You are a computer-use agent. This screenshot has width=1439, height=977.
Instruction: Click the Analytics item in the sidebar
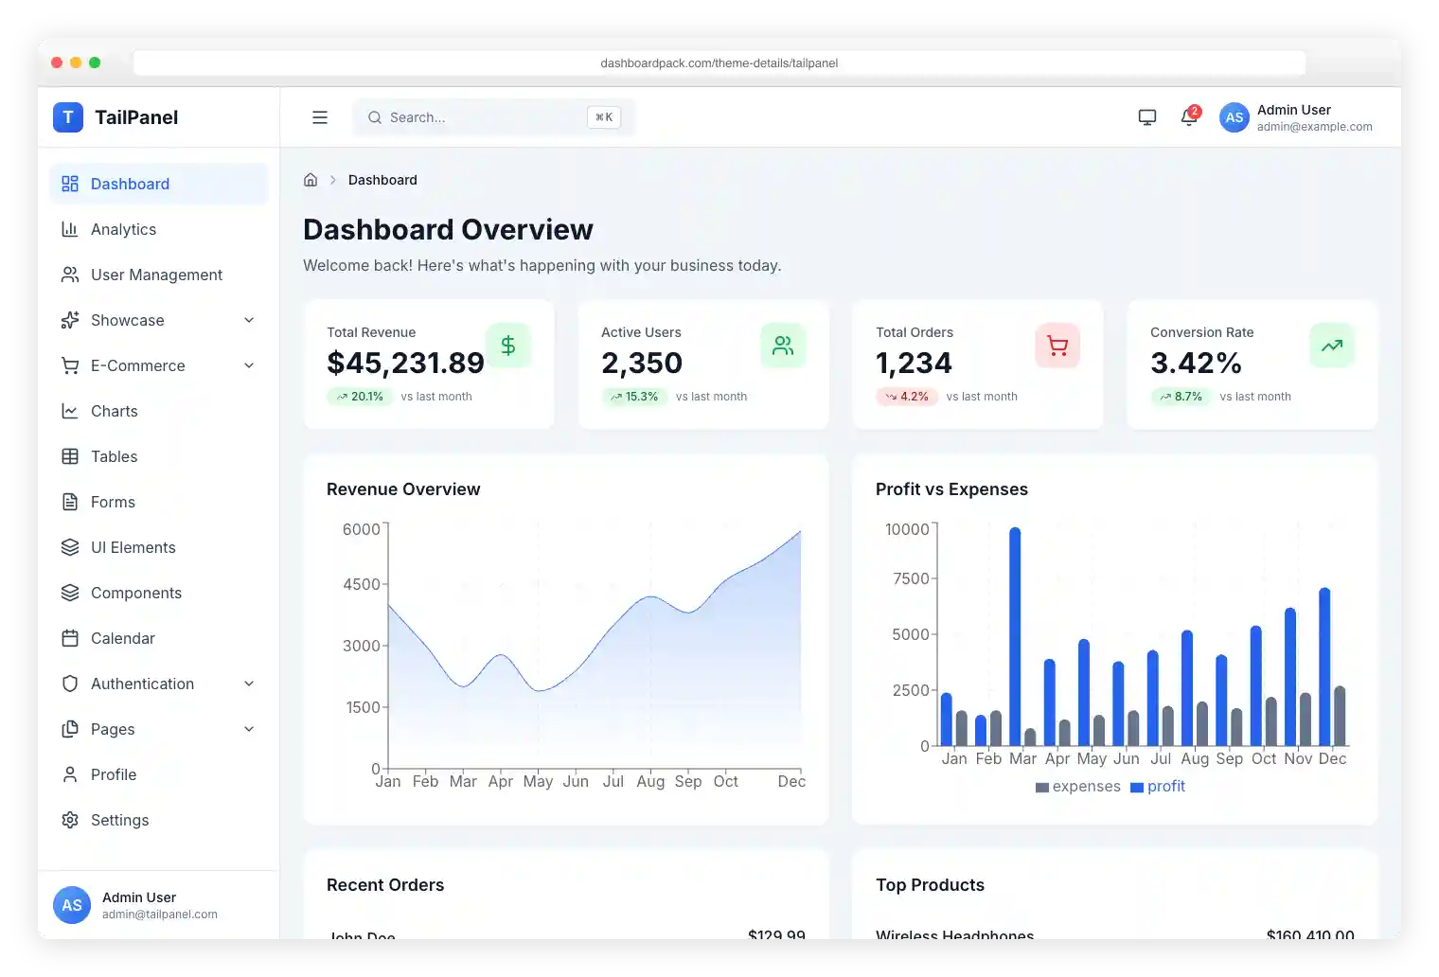123,229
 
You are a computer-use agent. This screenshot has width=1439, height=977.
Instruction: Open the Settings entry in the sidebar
119,820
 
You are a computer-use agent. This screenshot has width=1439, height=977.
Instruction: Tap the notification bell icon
1189,117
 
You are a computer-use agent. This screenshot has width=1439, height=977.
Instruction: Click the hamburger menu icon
320,117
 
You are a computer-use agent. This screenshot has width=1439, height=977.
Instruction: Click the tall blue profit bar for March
1015,636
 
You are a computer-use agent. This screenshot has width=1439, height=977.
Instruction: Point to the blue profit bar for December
1324,667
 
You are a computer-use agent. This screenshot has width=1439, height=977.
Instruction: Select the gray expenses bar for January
962,728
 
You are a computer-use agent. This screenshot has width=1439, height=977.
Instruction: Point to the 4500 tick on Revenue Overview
362,584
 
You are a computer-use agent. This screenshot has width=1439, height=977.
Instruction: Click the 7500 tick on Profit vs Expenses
911,578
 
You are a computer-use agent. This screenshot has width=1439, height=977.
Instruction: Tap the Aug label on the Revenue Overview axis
650,781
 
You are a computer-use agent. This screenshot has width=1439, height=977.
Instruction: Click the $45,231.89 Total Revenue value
405,363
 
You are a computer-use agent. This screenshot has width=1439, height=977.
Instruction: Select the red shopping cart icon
1057,346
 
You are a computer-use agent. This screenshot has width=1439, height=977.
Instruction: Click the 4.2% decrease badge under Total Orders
906,397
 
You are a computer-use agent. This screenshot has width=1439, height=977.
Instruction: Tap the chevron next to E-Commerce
249,365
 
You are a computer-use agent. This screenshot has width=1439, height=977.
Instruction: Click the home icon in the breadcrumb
311,180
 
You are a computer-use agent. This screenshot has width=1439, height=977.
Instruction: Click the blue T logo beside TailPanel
68,117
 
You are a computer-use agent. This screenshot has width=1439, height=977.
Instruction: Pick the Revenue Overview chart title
403,489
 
